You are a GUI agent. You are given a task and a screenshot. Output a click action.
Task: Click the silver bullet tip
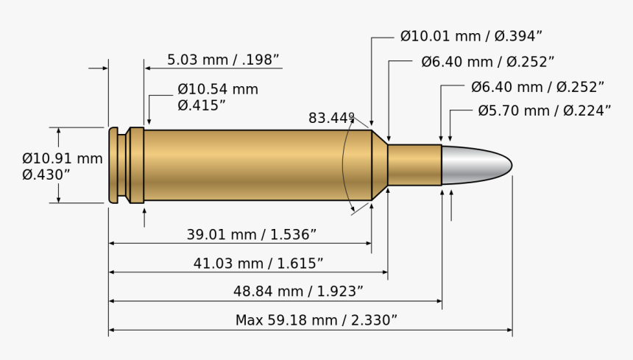(x=475, y=165)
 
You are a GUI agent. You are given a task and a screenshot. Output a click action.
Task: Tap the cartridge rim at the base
(x=113, y=165)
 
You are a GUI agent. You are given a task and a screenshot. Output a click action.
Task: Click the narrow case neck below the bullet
(x=414, y=165)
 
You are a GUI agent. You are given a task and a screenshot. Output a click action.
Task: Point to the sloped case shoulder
(x=379, y=165)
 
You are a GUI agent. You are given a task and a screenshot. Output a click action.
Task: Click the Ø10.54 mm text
(x=218, y=90)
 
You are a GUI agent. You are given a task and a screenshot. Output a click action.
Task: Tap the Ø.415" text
(x=202, y=105)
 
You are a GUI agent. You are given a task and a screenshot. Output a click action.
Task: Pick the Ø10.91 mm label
(x=63, y=158)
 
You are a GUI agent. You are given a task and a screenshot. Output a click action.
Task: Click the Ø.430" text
(x=46, y=174)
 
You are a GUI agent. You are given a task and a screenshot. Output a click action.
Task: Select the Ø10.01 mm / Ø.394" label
(x=471, y=36)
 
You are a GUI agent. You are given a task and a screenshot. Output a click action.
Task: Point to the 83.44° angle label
(x=331, y=118)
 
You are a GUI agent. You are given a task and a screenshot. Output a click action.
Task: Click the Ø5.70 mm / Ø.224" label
(x=544, y=111)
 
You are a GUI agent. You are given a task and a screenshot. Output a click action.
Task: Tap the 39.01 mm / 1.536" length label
(x=251, y=235)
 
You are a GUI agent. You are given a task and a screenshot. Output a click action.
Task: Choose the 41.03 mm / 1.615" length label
(x=258, y=264)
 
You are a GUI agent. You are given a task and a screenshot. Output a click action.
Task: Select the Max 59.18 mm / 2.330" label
(x=316, y=320)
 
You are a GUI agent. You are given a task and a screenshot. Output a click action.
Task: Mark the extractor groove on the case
(x=122, y=165)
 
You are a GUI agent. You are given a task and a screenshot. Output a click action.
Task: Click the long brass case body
(x=258, y=165)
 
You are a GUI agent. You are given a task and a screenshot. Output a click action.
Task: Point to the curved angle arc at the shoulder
(x=344, y=165)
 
